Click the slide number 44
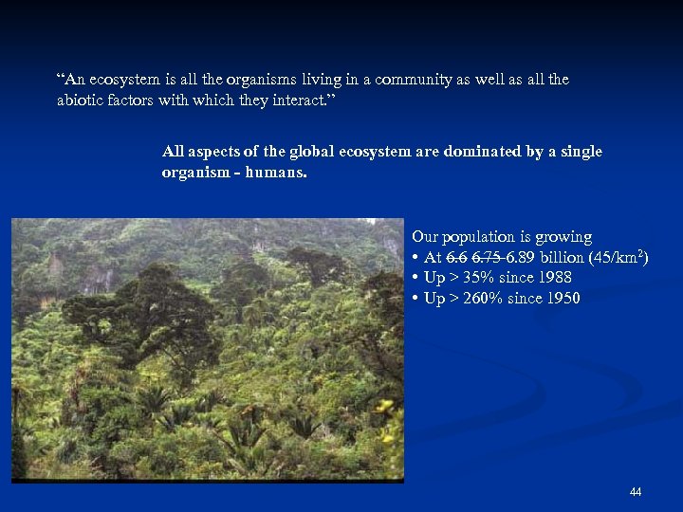coord(635,491)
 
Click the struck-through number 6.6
coord(457,258)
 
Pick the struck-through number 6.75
coord(488,258)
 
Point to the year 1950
coord(562,299)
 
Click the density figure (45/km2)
coord(618,258)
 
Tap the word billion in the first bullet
coord(563,258)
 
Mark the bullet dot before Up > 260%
coord(415,300)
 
